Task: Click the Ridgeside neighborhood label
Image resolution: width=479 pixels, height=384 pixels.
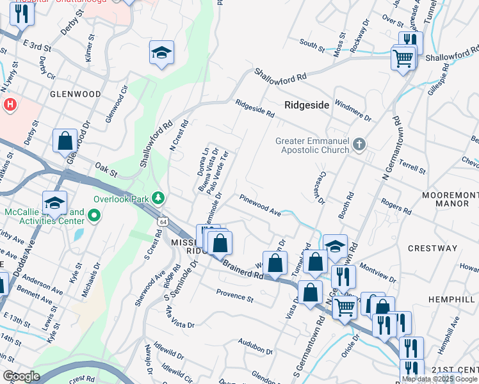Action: tap(306, 104)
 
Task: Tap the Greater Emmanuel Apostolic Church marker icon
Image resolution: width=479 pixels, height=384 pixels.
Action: tap(359, 145)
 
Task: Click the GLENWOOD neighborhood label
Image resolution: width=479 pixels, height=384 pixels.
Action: tap(76, 94)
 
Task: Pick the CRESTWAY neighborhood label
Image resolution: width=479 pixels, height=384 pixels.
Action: tap(435, 248)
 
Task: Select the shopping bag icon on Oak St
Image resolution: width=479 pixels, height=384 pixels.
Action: tap(65, 141)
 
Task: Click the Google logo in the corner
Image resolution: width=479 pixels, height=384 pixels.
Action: tap(20, 376)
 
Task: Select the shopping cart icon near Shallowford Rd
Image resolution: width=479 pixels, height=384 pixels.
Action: tap(403, 59)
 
